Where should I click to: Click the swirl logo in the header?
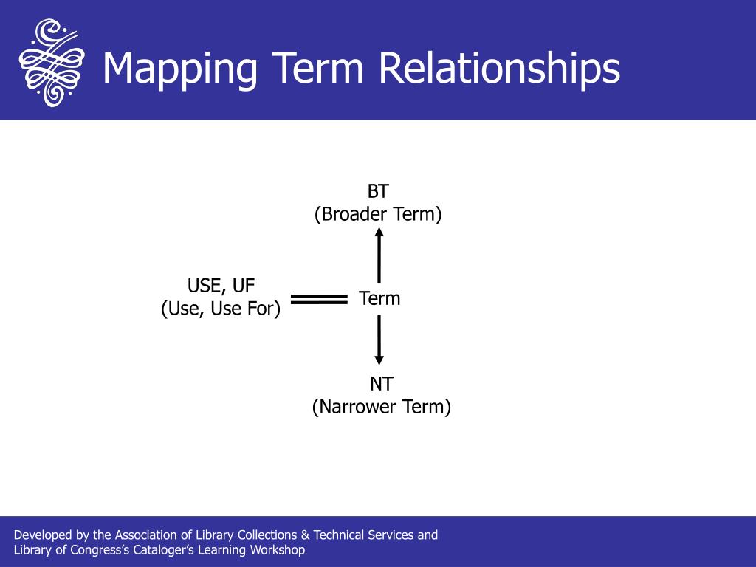pyautogui.click(x=52, y=62)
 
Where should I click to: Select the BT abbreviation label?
pyautogui.click(x=378, y=191)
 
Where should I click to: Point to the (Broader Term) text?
pyautogui.click(x=378, y=214)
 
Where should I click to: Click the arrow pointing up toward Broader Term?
pyautogui.click(x=379, y=255)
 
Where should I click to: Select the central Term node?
pyautogui.click(x=379, y=298)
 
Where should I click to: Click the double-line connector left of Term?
pyautogui.click(x=319, y=300)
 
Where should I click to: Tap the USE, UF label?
pyautogui.click(x=221, y=286)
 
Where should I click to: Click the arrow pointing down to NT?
pyautogui.click(x=379, y=340)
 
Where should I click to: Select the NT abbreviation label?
pyautogui.click(x=382, y=384)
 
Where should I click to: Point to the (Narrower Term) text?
pyautogui.click(x=382, y=407)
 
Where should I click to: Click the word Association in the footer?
pyautogui.click(x=146, y=535)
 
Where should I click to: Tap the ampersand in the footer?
pyautogui.click(x=305, y=535)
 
